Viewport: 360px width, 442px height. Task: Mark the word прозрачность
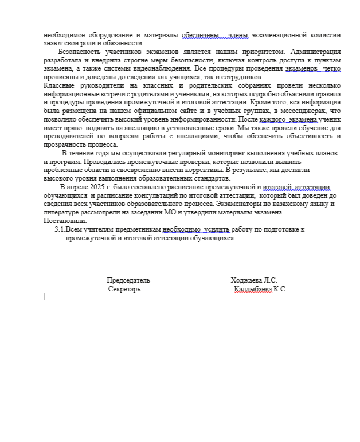click(62, 144)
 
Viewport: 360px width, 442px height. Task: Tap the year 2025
click(91, 187)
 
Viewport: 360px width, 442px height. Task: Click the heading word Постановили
click(65, 221)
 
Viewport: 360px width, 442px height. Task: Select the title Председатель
click(128, 280)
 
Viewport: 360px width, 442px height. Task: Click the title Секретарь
click(124, 289)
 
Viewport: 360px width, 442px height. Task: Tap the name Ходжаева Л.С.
click(254, 280)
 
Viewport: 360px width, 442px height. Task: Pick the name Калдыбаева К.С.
click(260, 289)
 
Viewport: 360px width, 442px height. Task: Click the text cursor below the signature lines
click(44, 296)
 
